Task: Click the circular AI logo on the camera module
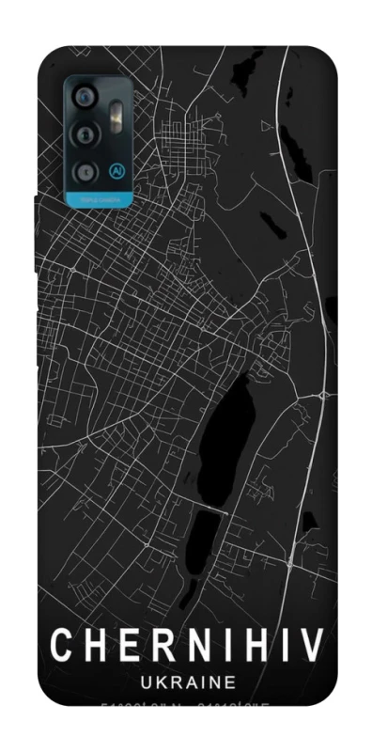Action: point(117,171)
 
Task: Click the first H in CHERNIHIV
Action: point(92,646)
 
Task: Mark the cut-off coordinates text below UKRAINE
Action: point(187,704)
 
